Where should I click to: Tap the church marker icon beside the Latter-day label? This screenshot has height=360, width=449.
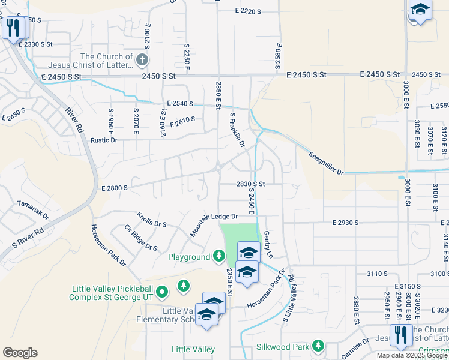[x=142, y=59]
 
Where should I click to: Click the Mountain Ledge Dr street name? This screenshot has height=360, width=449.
[x=215, y=225]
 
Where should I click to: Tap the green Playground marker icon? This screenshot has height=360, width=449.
[x=220, y=257]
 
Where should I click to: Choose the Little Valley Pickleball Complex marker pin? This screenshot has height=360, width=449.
[x=161, y=292]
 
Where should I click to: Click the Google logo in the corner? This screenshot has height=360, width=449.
[x=20, y=352]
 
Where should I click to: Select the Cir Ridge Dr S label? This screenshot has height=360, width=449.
[x=140, y=238]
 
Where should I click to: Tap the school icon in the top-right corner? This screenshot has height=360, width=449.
[x=420, y=10]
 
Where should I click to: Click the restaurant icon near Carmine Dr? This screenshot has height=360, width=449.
[x=399, y=334]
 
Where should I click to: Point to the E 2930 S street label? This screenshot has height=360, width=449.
[x=345, y=223]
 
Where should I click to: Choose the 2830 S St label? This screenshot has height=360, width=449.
[x=250, y=184]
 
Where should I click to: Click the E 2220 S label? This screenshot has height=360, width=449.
[x=249, y=11]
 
